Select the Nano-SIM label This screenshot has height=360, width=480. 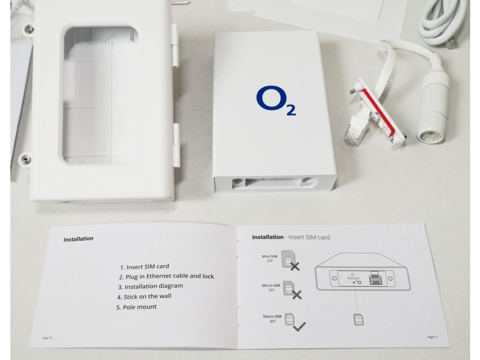(x=271, y=317)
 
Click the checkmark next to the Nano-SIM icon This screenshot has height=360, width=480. (x=299, y=327)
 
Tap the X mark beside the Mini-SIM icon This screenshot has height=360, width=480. (x=295, y=267)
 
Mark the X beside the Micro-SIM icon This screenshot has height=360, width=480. (x=297, y=295)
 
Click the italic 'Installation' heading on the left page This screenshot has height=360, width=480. (x=78, y=239)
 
